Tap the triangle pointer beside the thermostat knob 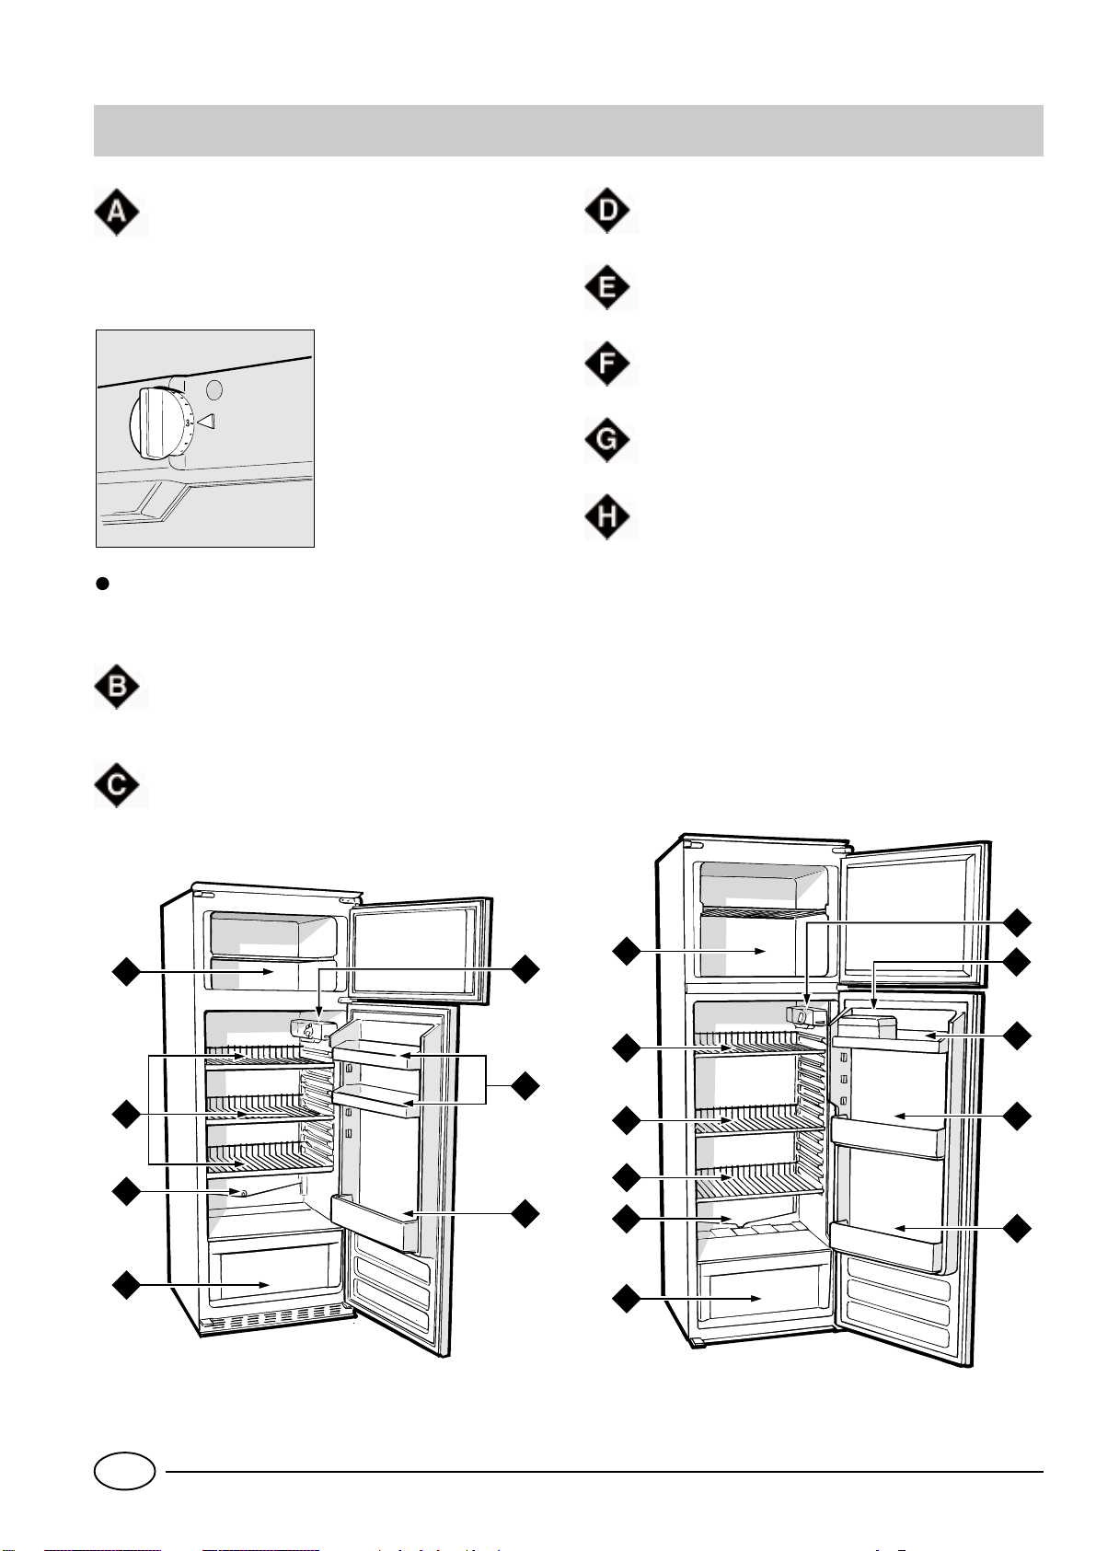(206, 422)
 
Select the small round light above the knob (213, 389)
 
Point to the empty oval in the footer (124, 1471)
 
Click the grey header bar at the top (568, 131)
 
